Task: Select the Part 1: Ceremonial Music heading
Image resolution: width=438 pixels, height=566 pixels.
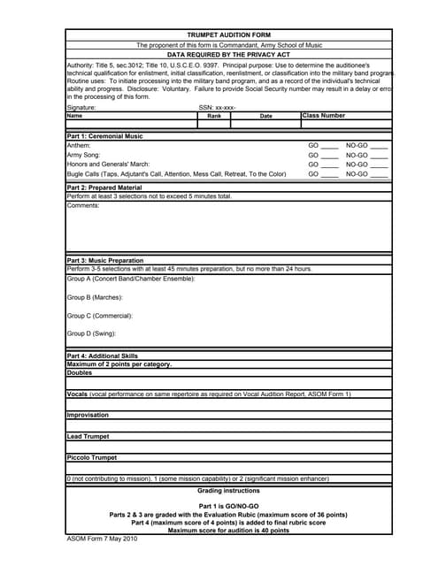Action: [x=104, y=136]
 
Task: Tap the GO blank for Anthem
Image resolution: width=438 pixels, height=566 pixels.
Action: [x=329, y=145]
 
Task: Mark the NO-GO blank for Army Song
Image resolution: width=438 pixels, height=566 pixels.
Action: [x=379, y=155]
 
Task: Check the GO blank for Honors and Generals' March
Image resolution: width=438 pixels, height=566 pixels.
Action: [x=329, y=164]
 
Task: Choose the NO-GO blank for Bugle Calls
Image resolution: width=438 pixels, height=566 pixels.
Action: [x=379, y=174]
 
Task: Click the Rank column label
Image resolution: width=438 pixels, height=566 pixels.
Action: [x=213, y=116]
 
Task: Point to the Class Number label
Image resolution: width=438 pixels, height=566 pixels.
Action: [x=324, y=115]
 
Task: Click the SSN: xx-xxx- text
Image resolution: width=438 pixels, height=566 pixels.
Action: [x=217, y=107]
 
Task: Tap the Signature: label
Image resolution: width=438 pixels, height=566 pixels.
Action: [x=81, y=107]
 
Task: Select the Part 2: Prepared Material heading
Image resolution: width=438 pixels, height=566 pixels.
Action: [x=104, y=187]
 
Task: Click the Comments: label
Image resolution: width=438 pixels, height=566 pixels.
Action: [x=83, y=205]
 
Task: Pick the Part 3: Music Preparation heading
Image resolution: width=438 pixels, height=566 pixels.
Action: [x=104, y=261]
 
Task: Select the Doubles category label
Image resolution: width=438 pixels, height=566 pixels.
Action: [x=79, y=372]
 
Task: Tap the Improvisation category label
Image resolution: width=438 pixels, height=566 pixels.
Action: [x=88, y=414]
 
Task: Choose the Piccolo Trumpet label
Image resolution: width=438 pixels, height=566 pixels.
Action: [x=92, y=457]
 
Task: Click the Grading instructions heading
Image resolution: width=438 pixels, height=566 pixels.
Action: [x=228, y=490]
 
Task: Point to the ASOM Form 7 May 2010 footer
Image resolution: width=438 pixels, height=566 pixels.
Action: [x=102, y=539]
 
